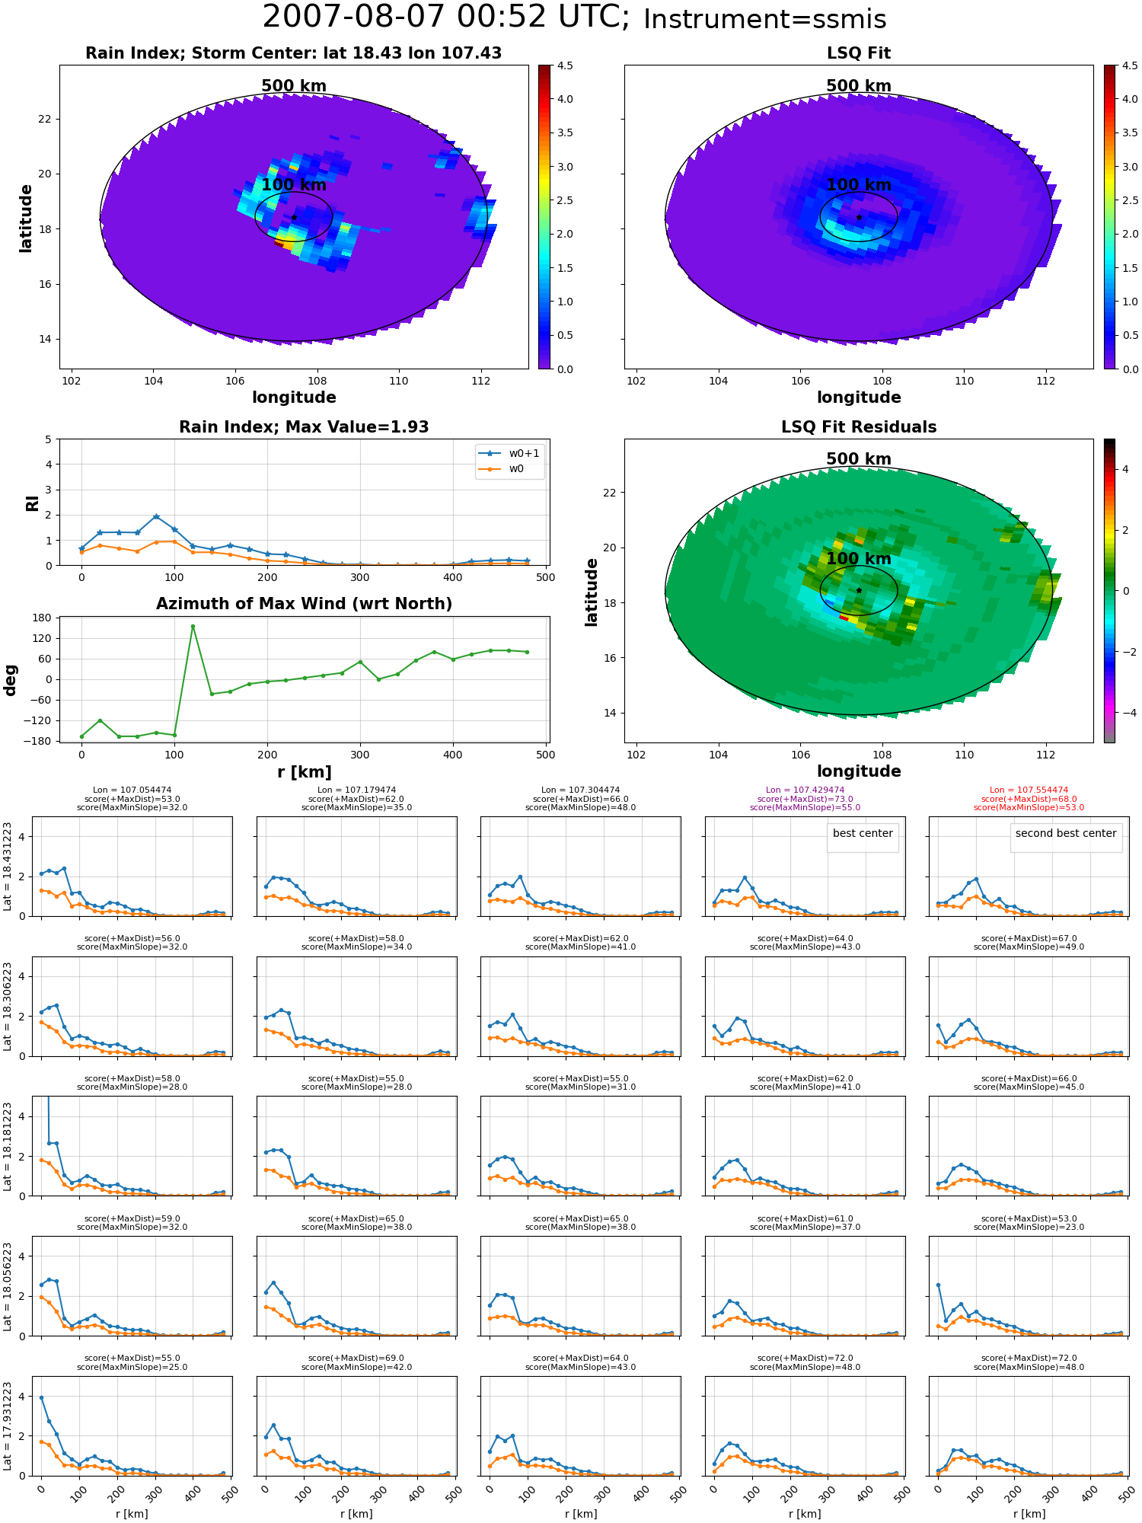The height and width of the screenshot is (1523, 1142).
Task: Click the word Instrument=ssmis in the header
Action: point(765,19)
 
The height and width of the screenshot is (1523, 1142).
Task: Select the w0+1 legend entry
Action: point(509,453)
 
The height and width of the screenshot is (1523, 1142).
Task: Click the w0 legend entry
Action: point(502,469)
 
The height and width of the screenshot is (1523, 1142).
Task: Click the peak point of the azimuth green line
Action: point(193,626)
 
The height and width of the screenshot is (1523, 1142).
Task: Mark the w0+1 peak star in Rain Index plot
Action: point(156,516)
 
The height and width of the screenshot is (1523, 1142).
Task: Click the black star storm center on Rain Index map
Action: point(294,218)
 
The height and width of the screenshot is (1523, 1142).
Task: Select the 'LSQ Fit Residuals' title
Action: point(859,427)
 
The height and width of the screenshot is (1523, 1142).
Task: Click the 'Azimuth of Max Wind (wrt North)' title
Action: point(304,604)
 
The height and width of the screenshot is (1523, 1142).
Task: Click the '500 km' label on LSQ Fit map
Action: point(859,86)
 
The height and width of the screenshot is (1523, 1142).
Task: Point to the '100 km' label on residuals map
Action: point(859,559)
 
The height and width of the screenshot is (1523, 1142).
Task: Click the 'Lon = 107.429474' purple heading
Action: point(805,790)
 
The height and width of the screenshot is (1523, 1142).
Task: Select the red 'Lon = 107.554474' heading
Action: point(1029,790)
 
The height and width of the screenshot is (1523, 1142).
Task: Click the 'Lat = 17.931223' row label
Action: point(8,1426)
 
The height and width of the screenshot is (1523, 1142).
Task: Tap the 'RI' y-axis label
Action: point(32,503)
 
